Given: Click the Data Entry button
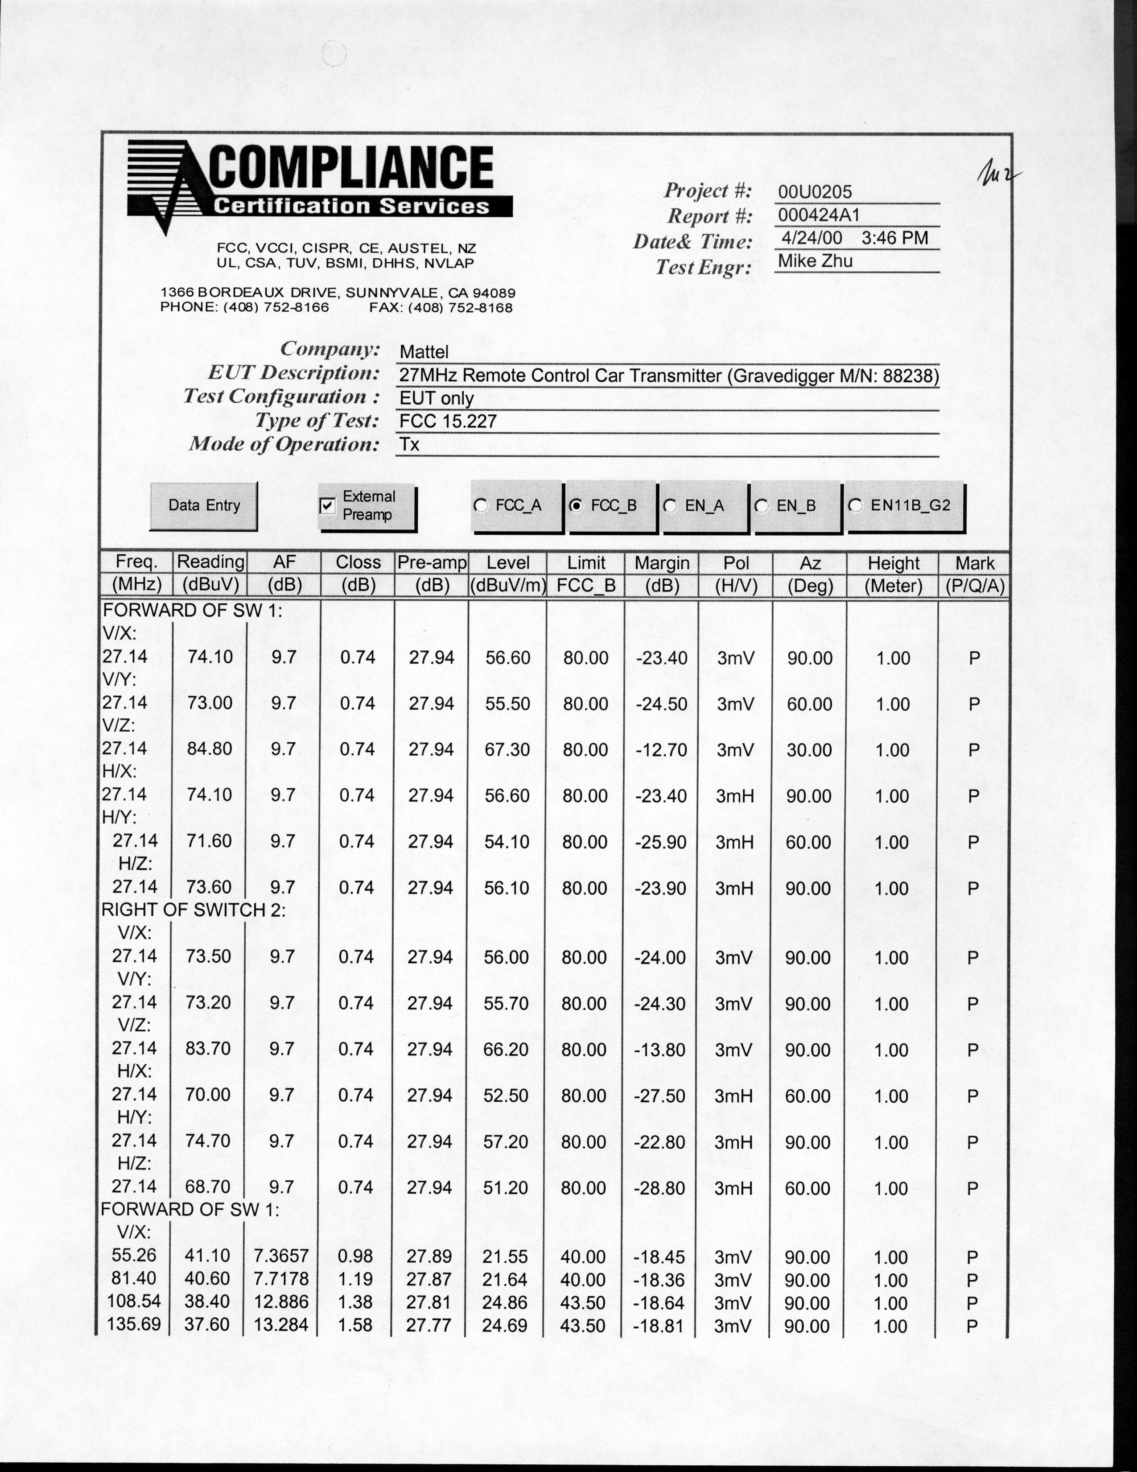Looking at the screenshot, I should (x=203, y=505).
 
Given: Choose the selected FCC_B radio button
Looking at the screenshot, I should (x=576, y=505).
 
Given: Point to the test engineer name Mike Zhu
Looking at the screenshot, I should (x=815, y=261).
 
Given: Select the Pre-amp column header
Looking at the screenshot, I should (x=432, y=563).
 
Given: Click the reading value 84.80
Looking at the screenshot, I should (x=210, y=749).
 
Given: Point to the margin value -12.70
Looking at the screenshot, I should (x=661, y=749).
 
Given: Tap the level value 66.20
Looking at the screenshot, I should (x=506, y=1050).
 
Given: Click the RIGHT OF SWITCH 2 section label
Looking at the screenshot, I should (x=194, y=910).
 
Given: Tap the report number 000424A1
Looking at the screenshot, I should (x=818, y=215).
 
